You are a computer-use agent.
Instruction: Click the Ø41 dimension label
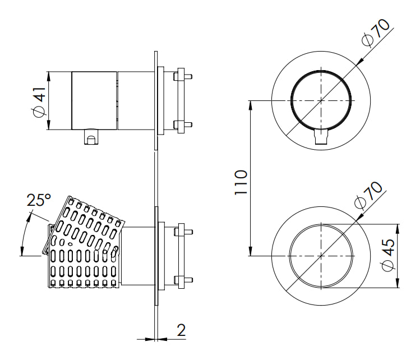pyautogui.click(x=39, y=101)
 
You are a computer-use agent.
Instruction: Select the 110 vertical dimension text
pyautogui.click(x=241, y=182)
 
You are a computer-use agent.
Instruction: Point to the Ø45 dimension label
pyautogui.click(x=388, y=255)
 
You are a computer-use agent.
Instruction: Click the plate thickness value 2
pyautogui.click(x=181, y=330)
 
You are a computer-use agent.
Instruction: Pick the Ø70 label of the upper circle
pyautogui.click(x=375, y=33)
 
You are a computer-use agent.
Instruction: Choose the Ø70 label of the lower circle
pyautogui.click(x=368, y=195)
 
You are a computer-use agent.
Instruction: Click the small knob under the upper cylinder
pyautogui.click(x=91, y=137)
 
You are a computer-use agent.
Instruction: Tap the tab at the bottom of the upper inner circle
pyautogui.click(x=321, y=136)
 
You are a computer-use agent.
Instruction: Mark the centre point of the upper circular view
pyautogui.click(x=321, y=101)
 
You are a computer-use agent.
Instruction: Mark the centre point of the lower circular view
pyautogui.click(x=321, y=256)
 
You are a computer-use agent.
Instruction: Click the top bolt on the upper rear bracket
pyautogui.click(x=183, y=76)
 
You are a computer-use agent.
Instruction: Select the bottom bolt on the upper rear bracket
pyautogui.click(x=183, y=124)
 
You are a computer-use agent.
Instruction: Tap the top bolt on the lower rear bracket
pyautogui.click(x=183, y=232)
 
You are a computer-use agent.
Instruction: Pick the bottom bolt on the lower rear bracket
pyautogui.click(x=183, y=280)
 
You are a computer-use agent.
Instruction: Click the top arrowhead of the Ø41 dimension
pyautogui.click(x=48, y=76)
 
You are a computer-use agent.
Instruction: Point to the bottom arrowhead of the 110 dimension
pyautogui.click(x=251, y=251)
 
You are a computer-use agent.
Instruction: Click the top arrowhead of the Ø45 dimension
pyautogui.click(x=398, y=229)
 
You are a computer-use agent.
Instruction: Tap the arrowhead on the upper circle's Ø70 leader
pyautogui.click(x=360, y=62)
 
